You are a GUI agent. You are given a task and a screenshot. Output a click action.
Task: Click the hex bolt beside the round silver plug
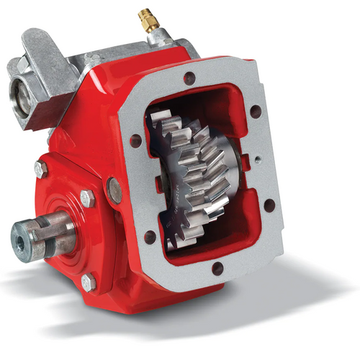click(87, 198)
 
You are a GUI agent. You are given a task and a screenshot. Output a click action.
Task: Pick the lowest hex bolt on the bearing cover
click(89, 282)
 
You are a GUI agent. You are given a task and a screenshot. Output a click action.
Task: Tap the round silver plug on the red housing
click(114, 189)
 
